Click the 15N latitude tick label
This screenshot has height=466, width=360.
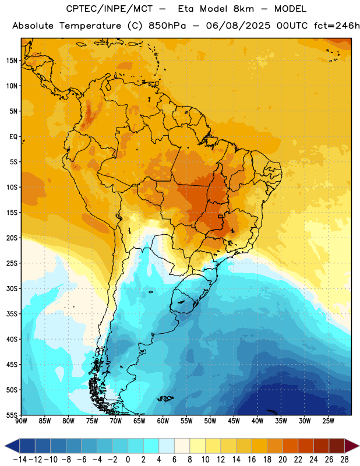point(12,61)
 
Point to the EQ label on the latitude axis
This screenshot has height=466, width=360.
point(13,137)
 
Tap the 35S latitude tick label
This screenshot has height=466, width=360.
point(12,314)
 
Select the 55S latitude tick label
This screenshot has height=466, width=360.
point(12,415)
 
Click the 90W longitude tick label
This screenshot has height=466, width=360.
point(21,421)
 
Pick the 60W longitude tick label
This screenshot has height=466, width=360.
point(163,421)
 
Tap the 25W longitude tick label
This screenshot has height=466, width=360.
point(328,421)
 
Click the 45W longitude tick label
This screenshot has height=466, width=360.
point(234,421)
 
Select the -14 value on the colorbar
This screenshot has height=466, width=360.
point(20,460)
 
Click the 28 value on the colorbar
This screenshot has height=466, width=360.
point(344,460)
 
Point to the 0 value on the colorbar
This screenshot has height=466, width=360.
point(128,460)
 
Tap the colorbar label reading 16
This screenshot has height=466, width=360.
point(252,460)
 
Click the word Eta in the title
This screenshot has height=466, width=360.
point(186,9)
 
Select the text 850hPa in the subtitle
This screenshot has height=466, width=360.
point(167,26)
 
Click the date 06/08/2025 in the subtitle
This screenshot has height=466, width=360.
point(238,26)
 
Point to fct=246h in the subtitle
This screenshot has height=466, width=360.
point(337,26)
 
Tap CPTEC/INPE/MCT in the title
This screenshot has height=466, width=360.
point(109,9)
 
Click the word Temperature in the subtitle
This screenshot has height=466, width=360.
point(90,26)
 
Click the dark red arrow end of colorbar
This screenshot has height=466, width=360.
point(352,446)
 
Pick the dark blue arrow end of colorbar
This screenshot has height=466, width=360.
point(12,446)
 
